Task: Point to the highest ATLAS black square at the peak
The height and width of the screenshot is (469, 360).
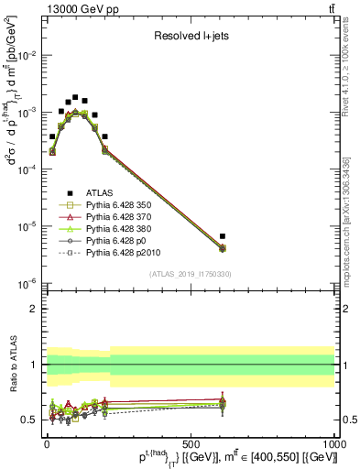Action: [75, 96]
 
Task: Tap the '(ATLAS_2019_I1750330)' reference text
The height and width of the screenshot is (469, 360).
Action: [190, 274]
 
